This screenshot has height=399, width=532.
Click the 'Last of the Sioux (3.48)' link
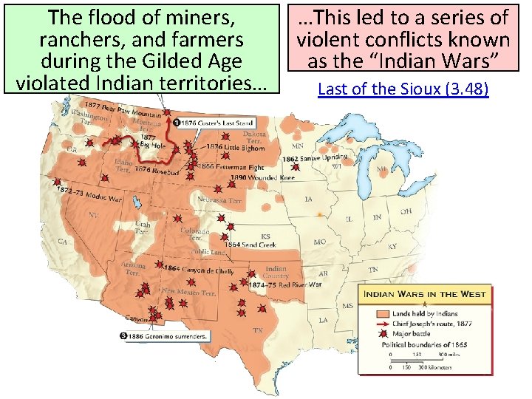tap(403, 89)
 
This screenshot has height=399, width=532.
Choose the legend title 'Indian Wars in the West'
tap(423, 294)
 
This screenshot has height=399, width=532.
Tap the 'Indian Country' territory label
tap(276, 272)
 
